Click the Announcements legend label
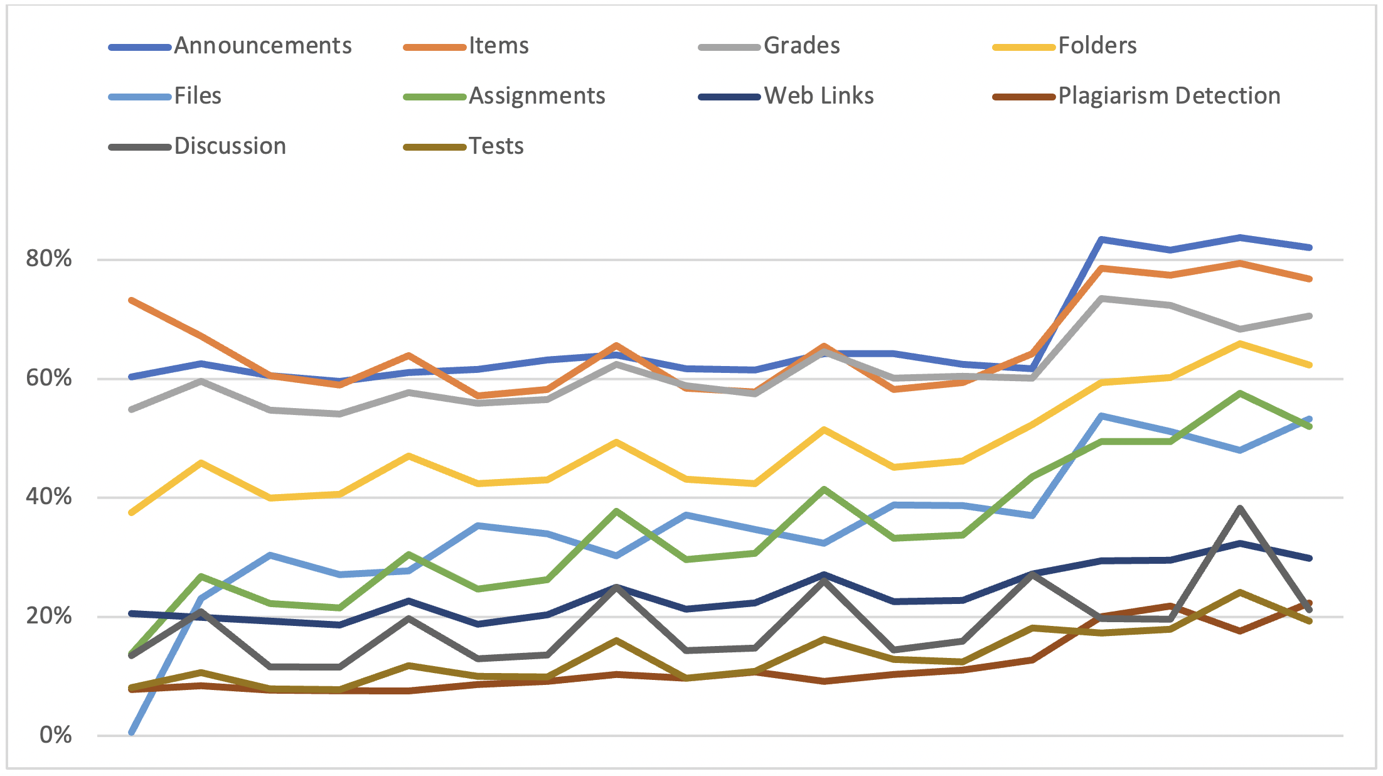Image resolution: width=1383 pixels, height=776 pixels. click(263, 46)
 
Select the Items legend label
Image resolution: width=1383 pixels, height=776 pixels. click(499, 46)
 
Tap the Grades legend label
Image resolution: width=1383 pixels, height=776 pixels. click(801, 46)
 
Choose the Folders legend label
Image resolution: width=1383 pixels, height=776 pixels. click(1097, 46)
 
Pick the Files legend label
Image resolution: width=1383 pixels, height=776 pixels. click(198, 96)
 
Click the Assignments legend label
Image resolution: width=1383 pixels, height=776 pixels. click(537, 96)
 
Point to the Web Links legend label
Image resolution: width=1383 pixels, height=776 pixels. click(819, 96)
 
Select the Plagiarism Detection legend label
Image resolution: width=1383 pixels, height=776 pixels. click(1169, 96)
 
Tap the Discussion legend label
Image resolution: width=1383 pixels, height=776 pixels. click(230, 146)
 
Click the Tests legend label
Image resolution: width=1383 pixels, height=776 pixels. click(496, 146)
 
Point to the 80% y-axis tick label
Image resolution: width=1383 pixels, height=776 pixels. click(49, 259)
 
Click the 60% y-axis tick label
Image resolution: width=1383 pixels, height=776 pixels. click(49, 378)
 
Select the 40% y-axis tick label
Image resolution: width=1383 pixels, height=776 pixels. click(49, 497)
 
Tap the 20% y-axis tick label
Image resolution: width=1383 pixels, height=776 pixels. click(49, 616)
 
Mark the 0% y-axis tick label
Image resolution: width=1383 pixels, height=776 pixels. click(55, 735)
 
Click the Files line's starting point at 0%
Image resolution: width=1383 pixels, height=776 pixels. click(132, 732)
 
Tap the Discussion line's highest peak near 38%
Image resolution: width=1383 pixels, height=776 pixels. click(1240, 508)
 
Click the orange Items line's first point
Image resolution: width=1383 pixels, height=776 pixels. click(132, 300)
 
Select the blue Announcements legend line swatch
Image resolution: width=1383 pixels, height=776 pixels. click(140, 47)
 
